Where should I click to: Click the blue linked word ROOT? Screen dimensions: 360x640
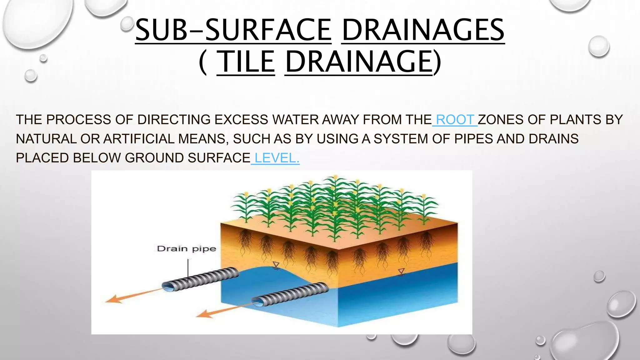(455, 120)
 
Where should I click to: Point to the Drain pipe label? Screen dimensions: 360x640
(186, 249)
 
